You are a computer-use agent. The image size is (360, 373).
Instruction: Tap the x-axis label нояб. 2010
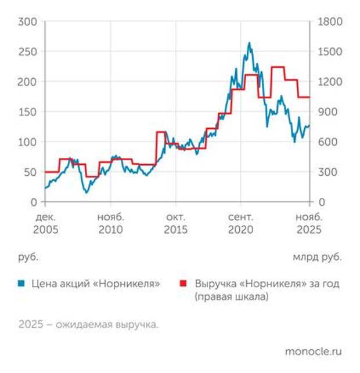coord(110,223)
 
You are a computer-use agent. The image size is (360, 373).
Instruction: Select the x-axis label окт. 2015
coord(176,223)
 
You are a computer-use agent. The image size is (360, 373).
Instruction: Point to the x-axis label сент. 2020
coord(242,223)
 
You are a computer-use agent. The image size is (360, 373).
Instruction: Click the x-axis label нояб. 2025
coord(308,223)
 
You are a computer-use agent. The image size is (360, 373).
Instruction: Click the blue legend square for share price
coord(21,284)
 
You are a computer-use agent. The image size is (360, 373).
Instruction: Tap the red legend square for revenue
coord(185,284)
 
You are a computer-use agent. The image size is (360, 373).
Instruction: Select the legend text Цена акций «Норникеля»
coord(95,284)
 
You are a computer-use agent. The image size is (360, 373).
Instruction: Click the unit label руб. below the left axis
coord(28,256)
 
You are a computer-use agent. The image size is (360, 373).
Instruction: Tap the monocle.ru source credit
coord(313,352)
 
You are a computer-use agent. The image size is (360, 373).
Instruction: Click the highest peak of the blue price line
coord(249,42)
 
